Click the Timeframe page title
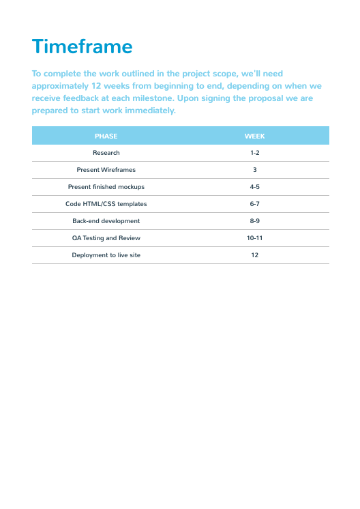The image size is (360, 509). (82, 46)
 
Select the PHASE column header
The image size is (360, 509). (106, 136)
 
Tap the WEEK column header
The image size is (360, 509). (254, 136)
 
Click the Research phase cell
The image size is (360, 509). (106, 153)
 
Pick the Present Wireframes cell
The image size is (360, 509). (106, 170)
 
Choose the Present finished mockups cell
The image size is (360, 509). (106, 187)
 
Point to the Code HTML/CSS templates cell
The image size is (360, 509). (106, 204)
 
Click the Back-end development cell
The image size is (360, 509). (106, 221)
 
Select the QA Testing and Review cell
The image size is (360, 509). (106, 238)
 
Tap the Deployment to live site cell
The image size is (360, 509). (106, 255)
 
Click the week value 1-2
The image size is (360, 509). (254, 153)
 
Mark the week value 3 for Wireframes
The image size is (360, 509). (254, 170)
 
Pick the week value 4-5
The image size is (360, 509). (254, 187)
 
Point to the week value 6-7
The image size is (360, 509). (254, 204)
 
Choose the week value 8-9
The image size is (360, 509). (254, 221)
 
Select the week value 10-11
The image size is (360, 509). (254, 238)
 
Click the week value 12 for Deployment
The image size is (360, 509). (254, 255)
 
